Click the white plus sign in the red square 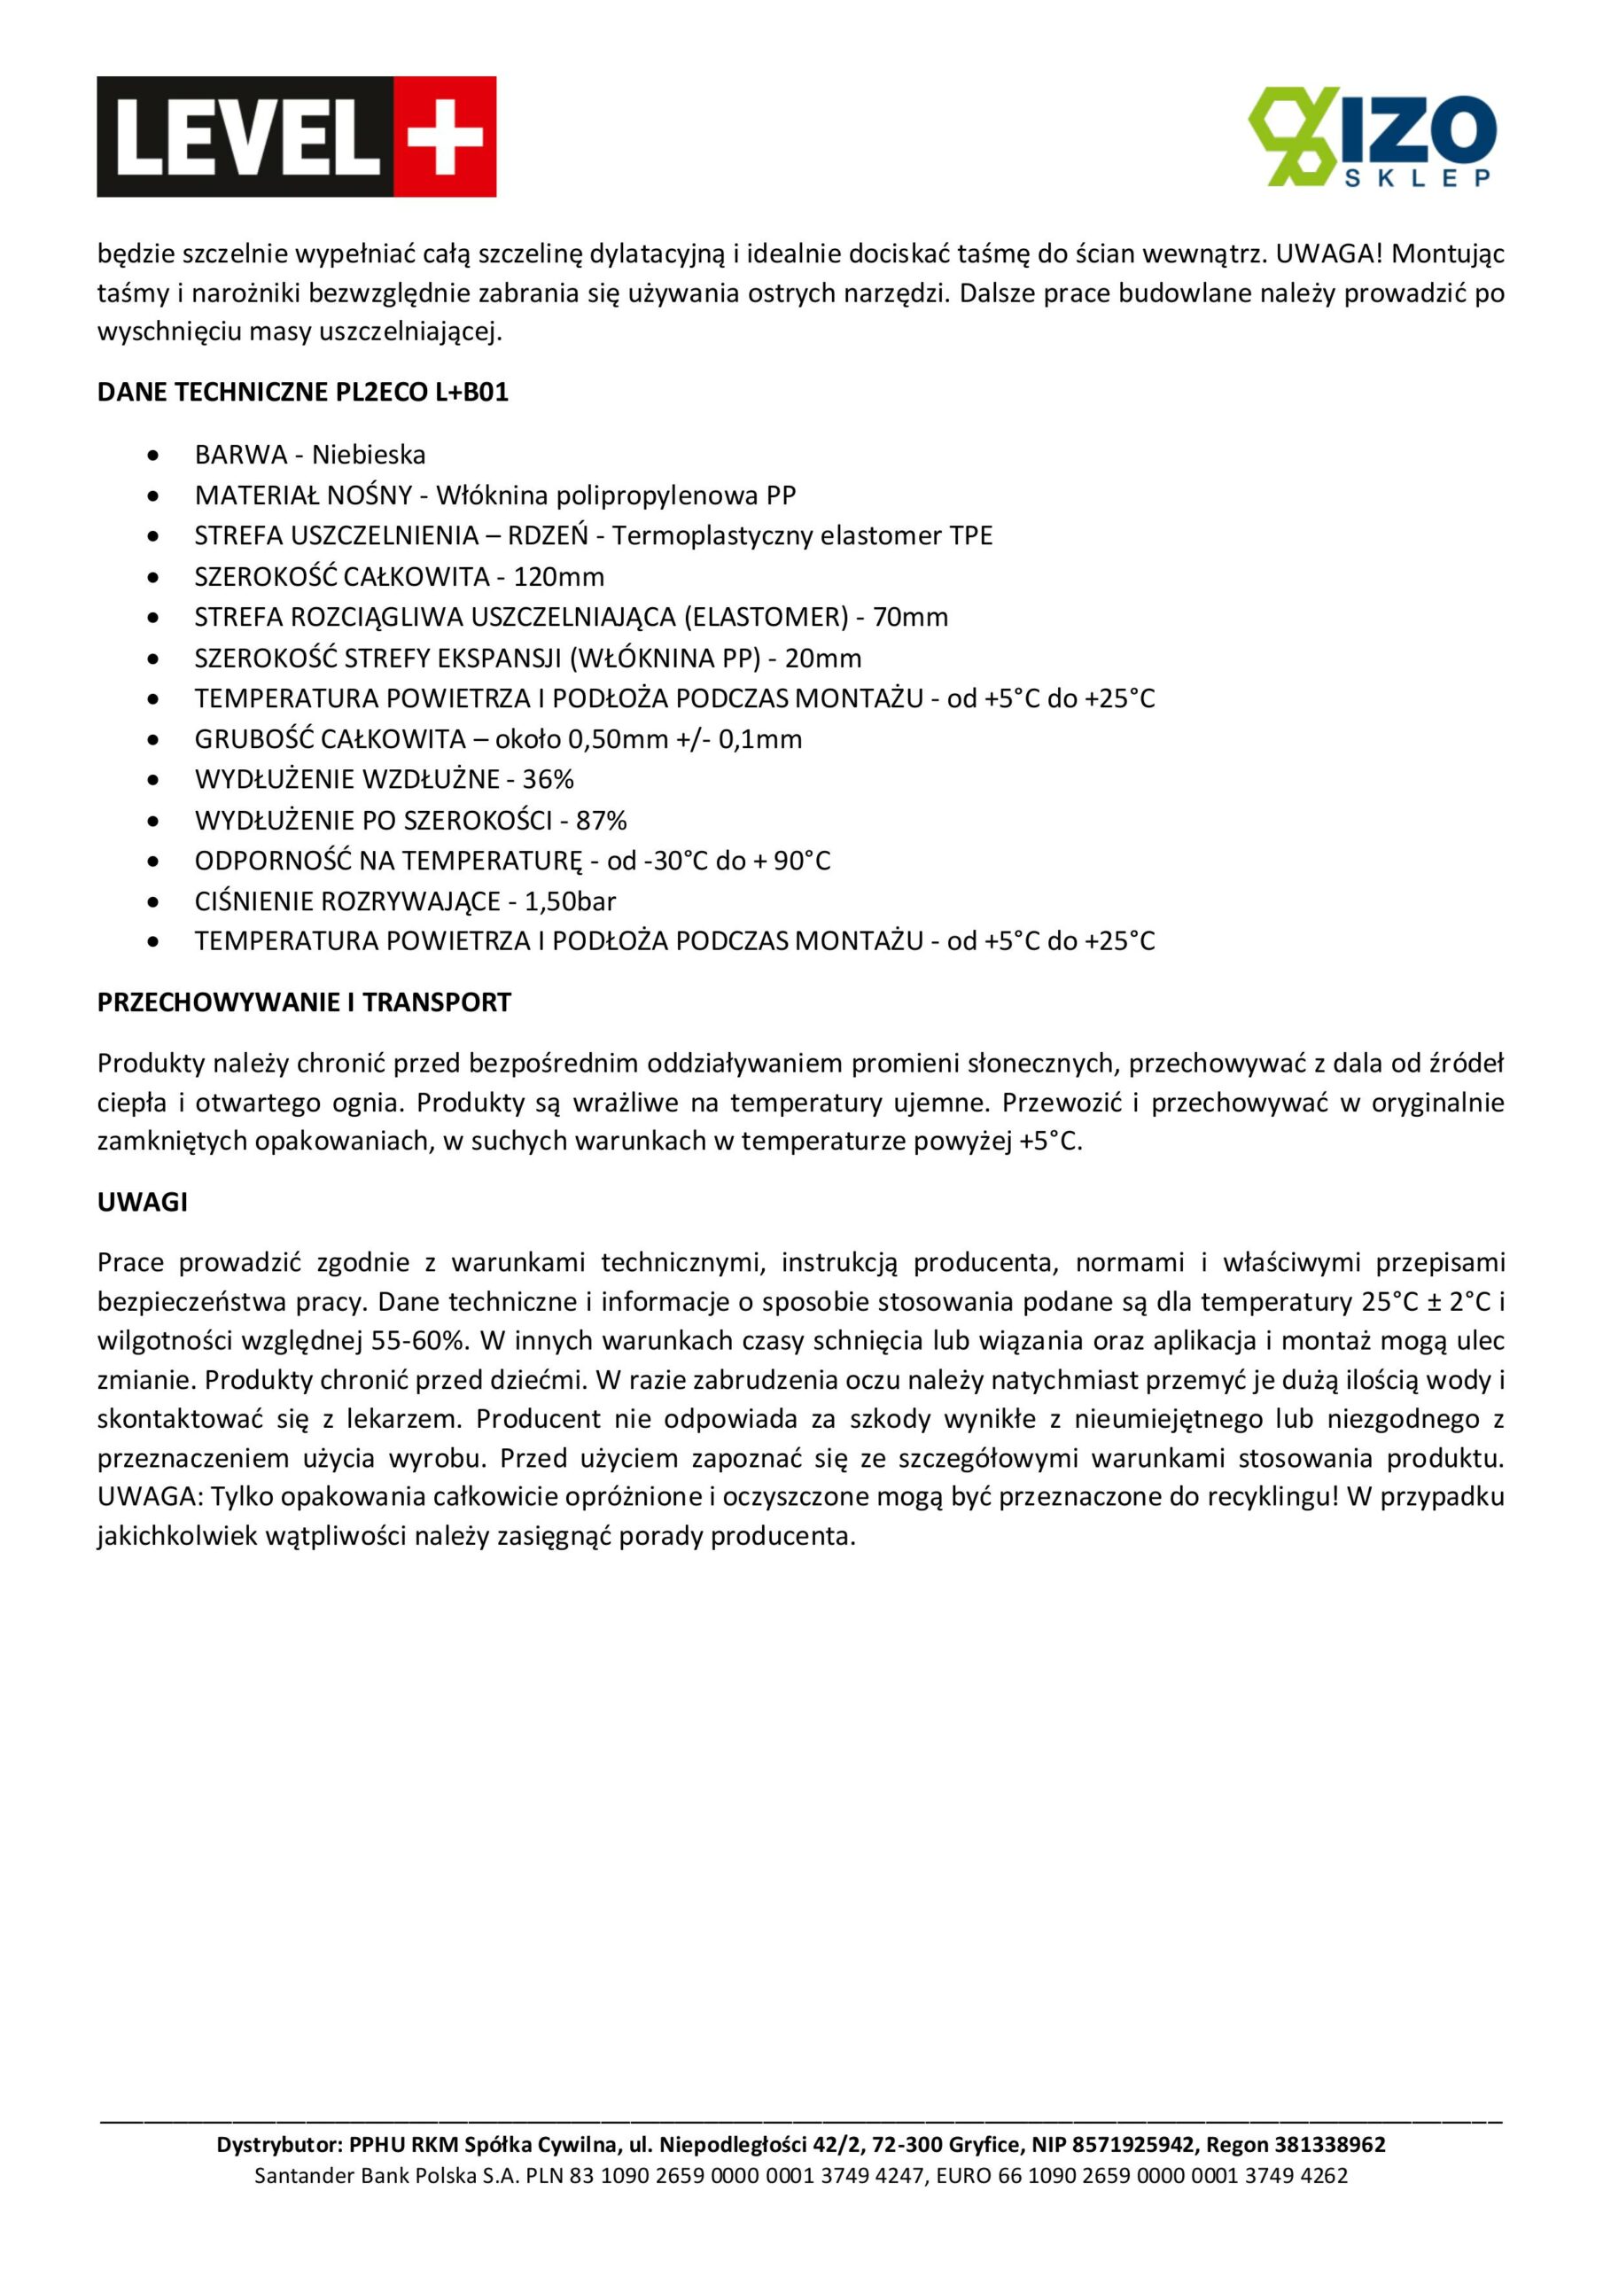(x=445, y=136)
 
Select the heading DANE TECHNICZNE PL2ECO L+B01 (x=302, y=393)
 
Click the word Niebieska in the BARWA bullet (x=369, y=455)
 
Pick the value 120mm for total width (x=558, y=576)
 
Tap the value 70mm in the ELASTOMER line (x=910, y=617)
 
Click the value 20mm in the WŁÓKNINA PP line (x=823, y=659)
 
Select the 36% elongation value (x=548, y=779)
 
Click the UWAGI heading (x=143, y=1203)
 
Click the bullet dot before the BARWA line (x=152, y=456)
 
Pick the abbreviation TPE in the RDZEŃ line (x=970, y=535)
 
